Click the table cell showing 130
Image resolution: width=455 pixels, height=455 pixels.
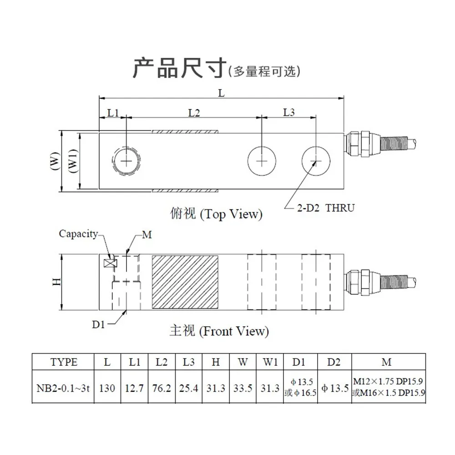point(107,388)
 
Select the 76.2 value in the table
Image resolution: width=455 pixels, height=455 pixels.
point(162,388)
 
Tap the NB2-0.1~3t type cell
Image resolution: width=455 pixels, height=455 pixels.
point(63,388)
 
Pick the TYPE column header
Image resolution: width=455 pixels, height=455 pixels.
point(64,362)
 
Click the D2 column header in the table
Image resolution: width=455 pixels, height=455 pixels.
point(334,362)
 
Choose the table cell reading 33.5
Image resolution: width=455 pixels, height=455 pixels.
point(243,388)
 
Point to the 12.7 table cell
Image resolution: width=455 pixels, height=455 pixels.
point(134,388)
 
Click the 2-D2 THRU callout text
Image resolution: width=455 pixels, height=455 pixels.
point(326,208)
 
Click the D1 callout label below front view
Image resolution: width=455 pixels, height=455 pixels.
point(98,324)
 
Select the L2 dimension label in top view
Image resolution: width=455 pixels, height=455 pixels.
point(194,112)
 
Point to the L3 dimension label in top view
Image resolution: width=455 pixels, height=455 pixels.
point(289,112)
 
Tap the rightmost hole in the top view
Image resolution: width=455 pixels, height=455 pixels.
point(316,147)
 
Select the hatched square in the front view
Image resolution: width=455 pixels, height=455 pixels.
point(185,282)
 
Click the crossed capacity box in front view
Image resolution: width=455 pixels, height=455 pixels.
point(110,263)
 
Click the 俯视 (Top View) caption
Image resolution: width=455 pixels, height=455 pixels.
point(216,214)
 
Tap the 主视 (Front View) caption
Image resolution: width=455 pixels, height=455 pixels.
point(219,331)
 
